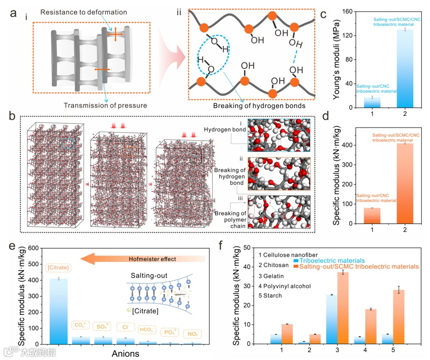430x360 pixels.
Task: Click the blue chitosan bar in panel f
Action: click(x=303, y=342)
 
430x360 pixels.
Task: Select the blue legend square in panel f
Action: click(x=295, y=261)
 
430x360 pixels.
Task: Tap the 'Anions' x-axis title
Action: click(x=125, y=353)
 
